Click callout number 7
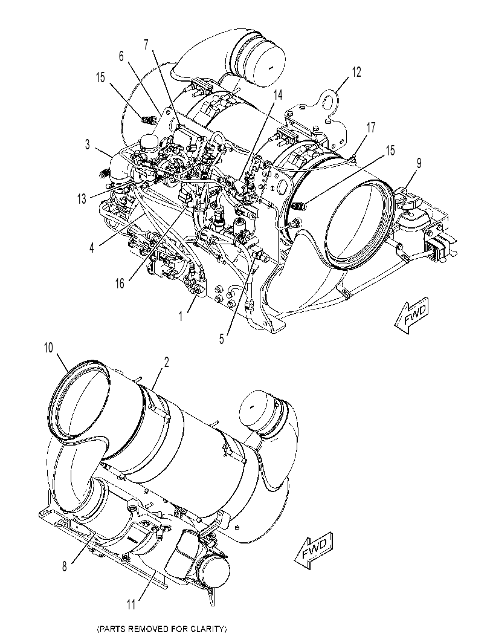(147, 44)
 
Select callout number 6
(121, 56)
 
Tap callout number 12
(356, 72)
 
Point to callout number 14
(277, 95)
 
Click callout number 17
(370, 128)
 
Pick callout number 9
(419, 163)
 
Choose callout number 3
(87, 144)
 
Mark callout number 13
(82, 199)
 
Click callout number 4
(92, 247)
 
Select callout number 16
(120, 284)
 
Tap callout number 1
(181, 316)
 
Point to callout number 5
(221, 339)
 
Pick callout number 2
(166, 362)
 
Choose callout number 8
(65, 567)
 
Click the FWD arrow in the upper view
(411, 316)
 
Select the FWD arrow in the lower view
(314, 550)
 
